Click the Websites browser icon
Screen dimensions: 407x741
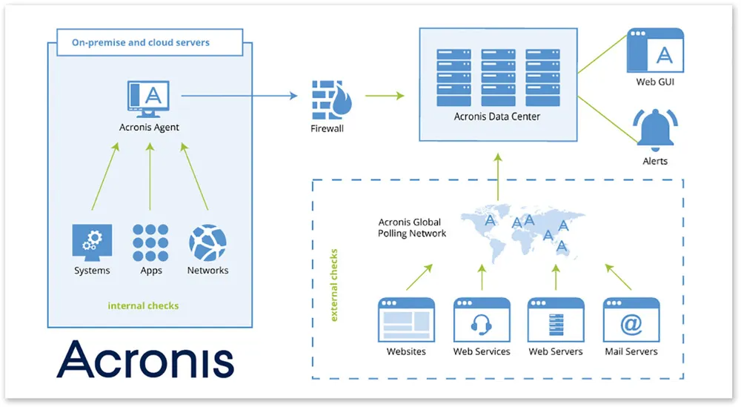pyautogui.click(x=406, y=320)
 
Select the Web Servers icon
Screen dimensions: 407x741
pyautogui.click(x=556, y=320)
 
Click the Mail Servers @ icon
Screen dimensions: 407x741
pyautogui.click(x=631, y=320)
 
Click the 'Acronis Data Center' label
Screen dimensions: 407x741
pyautogui.click(x=496, y=117)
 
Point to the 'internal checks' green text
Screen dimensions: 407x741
pyautogui.click(x=143, y=305)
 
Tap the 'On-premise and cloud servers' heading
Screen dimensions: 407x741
pyautogui.click(x=140, y=42)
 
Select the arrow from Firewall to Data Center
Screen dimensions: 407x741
pyautogui.click(x=385, y=96)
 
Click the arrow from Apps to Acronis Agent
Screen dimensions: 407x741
pyautogui.click(x=150, y=178)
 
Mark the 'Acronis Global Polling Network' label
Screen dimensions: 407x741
pyautogui.click(x=412, y=228)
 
